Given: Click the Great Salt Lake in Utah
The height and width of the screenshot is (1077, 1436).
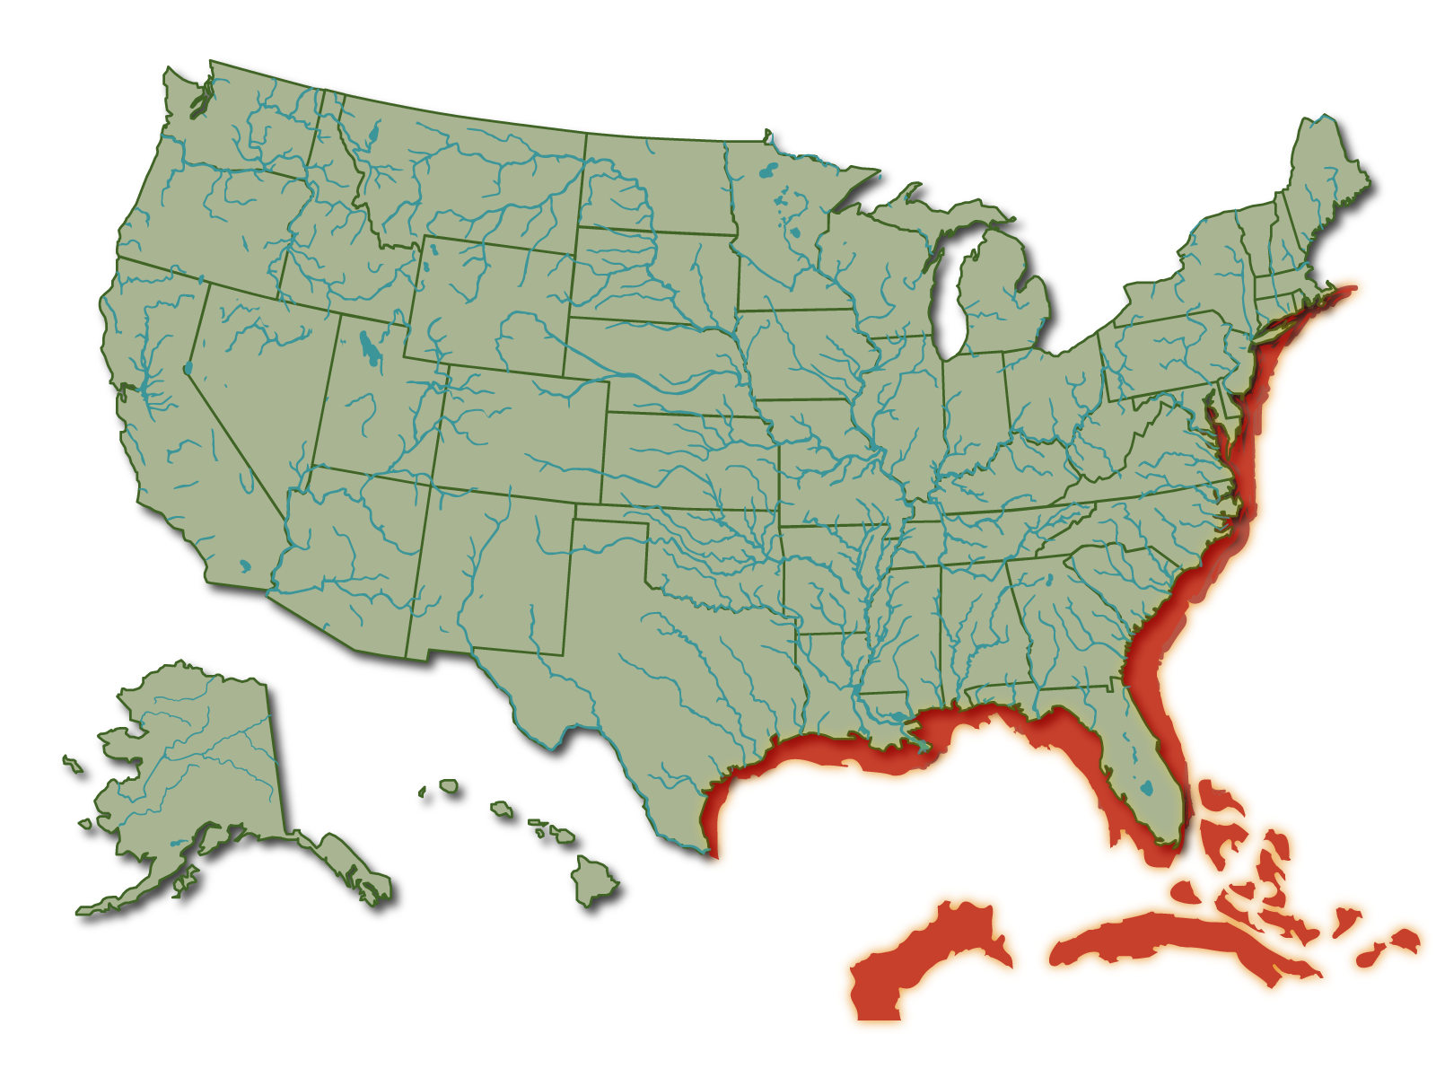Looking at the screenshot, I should click(368, 346).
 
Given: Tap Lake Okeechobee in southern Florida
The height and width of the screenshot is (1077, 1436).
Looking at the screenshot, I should click(1146, 790).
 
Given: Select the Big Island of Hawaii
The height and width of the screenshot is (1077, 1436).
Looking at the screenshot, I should click(594, 880).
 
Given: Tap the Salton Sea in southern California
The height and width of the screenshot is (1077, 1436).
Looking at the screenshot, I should click(245, 566).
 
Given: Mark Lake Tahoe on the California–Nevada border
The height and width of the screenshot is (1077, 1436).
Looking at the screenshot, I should click(187, 368).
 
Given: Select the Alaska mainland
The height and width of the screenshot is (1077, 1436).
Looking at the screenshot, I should click(197, 763).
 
